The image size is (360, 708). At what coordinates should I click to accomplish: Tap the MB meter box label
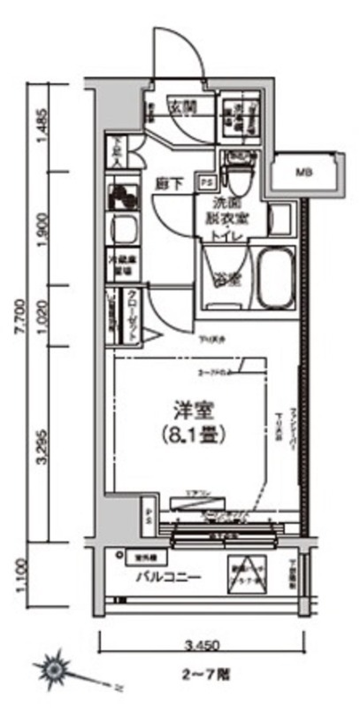click(303, 171)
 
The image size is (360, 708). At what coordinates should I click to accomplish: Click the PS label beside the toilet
click(206, 182)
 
